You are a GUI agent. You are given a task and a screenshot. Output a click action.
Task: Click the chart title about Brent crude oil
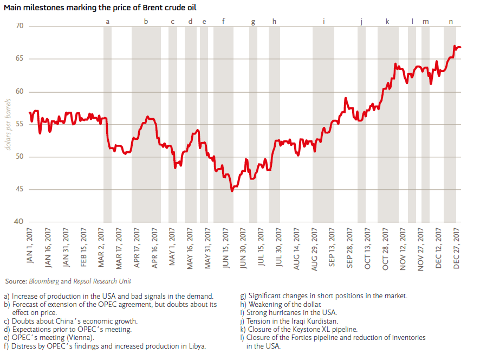(x=100, y=7)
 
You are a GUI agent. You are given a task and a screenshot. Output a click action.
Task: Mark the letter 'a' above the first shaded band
(x=107, y=22)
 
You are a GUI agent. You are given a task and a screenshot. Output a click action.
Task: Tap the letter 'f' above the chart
(x=223, y=22)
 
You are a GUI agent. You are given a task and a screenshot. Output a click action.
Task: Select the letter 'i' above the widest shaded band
(x=324, y=22)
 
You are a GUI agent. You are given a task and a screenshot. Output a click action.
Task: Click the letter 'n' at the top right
(x=451, y=22)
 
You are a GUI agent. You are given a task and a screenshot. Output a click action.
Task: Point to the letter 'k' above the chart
(x=387, y=22)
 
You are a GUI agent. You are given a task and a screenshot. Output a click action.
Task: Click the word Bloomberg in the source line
(x=43, y=281)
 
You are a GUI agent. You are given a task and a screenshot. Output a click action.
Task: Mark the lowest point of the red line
(x=232, y=191)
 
